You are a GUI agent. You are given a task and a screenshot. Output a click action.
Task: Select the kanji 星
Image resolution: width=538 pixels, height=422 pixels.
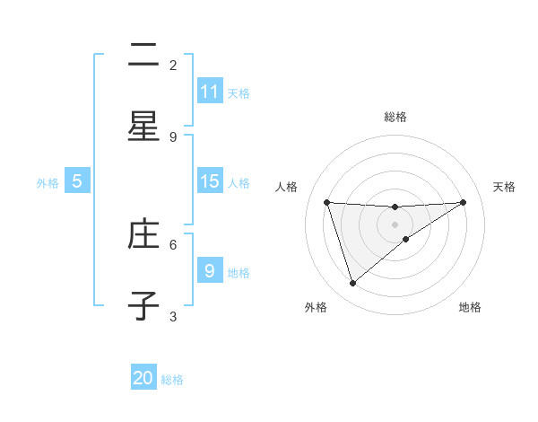click(x=143, y=127)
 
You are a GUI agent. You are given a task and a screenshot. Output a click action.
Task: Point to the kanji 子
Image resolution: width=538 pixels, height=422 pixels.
click(x=143, y=306)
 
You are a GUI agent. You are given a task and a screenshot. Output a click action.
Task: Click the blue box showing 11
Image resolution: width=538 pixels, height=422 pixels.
click(x=210, y=92)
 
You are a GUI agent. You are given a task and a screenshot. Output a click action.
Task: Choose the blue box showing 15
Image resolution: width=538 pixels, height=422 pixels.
click(x=210, y=181)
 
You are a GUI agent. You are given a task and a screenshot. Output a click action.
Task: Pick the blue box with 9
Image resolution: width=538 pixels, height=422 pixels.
click(x=210, y=270)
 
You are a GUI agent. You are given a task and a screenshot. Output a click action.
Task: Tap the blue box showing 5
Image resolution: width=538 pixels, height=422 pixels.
click(x=77, y=181)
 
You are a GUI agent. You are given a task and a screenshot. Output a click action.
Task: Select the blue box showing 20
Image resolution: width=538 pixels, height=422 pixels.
click(x=143, y=378)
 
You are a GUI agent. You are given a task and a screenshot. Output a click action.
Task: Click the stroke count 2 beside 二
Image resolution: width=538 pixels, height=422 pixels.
click(x=173, y=65)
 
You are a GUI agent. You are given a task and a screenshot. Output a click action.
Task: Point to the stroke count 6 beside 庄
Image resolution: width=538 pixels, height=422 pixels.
click(x=173, y=243)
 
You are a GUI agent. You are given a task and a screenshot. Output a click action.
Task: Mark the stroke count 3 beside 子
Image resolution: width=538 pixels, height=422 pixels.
click(x=173, y=316)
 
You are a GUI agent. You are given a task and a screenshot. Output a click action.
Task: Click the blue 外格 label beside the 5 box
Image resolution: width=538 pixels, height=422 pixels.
click(x=48, y=182)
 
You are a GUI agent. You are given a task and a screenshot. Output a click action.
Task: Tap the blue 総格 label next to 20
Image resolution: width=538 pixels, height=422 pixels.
click(x=172, y=380)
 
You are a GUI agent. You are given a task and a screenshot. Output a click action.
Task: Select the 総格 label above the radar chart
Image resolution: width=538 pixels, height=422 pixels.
click(x=395, y=117)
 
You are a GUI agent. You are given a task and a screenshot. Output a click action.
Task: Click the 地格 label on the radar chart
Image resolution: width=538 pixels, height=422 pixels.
click(x=470, y=307)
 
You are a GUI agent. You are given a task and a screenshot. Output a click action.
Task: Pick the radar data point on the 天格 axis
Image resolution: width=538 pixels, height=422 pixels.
click(x=464, y=202)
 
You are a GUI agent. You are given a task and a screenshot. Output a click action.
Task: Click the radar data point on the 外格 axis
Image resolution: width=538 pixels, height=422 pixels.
click(x=352, y=283)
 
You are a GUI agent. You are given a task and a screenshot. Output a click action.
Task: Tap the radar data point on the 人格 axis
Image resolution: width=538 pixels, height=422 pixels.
click(x=326, y=202)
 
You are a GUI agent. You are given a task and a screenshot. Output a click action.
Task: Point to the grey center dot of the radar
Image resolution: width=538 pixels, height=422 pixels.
click(x=395, y=224)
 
